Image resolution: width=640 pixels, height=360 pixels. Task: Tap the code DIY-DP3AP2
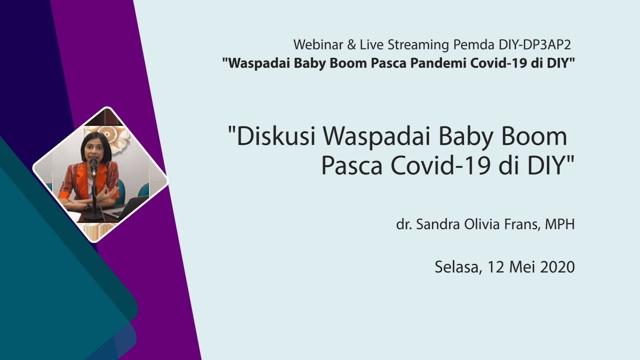pyautogui.click(x=534, y=44)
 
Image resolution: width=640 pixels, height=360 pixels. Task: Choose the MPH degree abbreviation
pyautogui.click(x=559, y=224)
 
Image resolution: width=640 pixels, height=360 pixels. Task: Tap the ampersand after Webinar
pyautogui.click(x=351, y=44)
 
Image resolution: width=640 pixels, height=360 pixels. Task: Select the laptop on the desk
pyautogui.click(x=125, y=207)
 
